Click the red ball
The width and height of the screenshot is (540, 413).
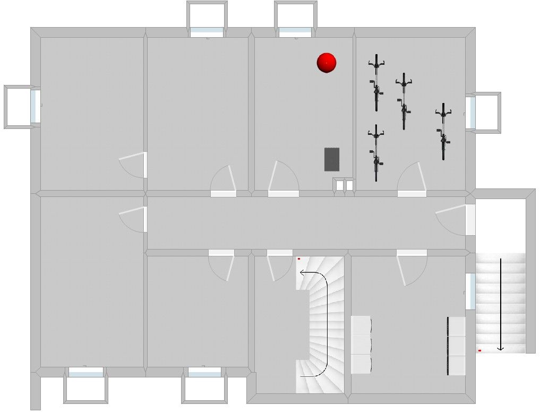coord(327,63)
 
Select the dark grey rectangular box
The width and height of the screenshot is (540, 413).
coord(332,159)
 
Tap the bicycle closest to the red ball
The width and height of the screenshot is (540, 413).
coord(376,82)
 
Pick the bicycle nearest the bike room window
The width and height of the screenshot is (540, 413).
coord(443,131)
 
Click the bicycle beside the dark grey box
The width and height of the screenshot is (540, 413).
coord(376,153)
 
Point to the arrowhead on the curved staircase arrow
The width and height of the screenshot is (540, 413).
coord(301,273)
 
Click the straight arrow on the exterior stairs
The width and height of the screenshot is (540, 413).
coord(500,305)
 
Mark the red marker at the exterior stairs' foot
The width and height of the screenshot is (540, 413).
coord(479,351)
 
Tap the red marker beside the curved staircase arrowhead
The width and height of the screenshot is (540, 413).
coord(299,259)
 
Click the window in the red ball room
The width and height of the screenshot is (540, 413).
coord(295,33)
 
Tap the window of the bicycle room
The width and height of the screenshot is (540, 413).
coord(470,113)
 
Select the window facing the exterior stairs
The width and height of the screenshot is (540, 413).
coord(470,291)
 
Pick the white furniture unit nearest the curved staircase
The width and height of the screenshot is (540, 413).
coord(361,345)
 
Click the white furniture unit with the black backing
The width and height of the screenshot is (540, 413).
coord(457,346)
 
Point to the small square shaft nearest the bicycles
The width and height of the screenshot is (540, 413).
coord(349,185)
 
